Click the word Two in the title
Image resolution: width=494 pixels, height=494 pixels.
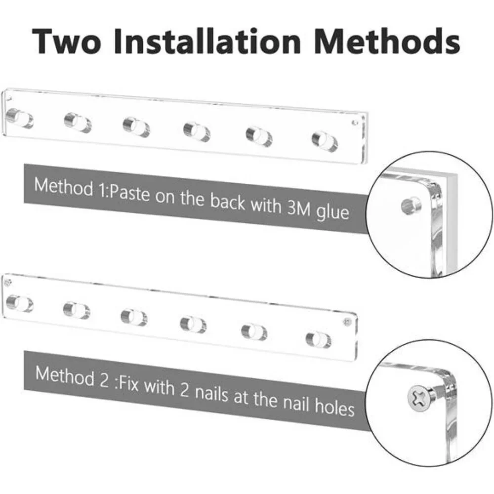67,41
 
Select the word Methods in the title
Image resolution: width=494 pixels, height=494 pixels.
387,41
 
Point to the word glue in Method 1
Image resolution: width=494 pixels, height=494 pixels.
332,212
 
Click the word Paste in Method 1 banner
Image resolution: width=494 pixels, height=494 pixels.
129,192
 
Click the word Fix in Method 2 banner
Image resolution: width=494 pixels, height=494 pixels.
128,383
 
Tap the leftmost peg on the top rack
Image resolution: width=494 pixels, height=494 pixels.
20,118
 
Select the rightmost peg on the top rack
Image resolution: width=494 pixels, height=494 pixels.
325,141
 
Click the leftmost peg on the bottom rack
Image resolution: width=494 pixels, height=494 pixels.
20,303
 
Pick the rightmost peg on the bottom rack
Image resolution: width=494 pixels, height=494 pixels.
319,340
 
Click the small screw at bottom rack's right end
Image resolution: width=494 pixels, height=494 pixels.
347,322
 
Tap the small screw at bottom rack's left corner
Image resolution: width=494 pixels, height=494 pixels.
8,283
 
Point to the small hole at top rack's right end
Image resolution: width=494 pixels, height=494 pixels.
355,122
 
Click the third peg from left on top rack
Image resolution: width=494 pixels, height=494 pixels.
136,127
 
